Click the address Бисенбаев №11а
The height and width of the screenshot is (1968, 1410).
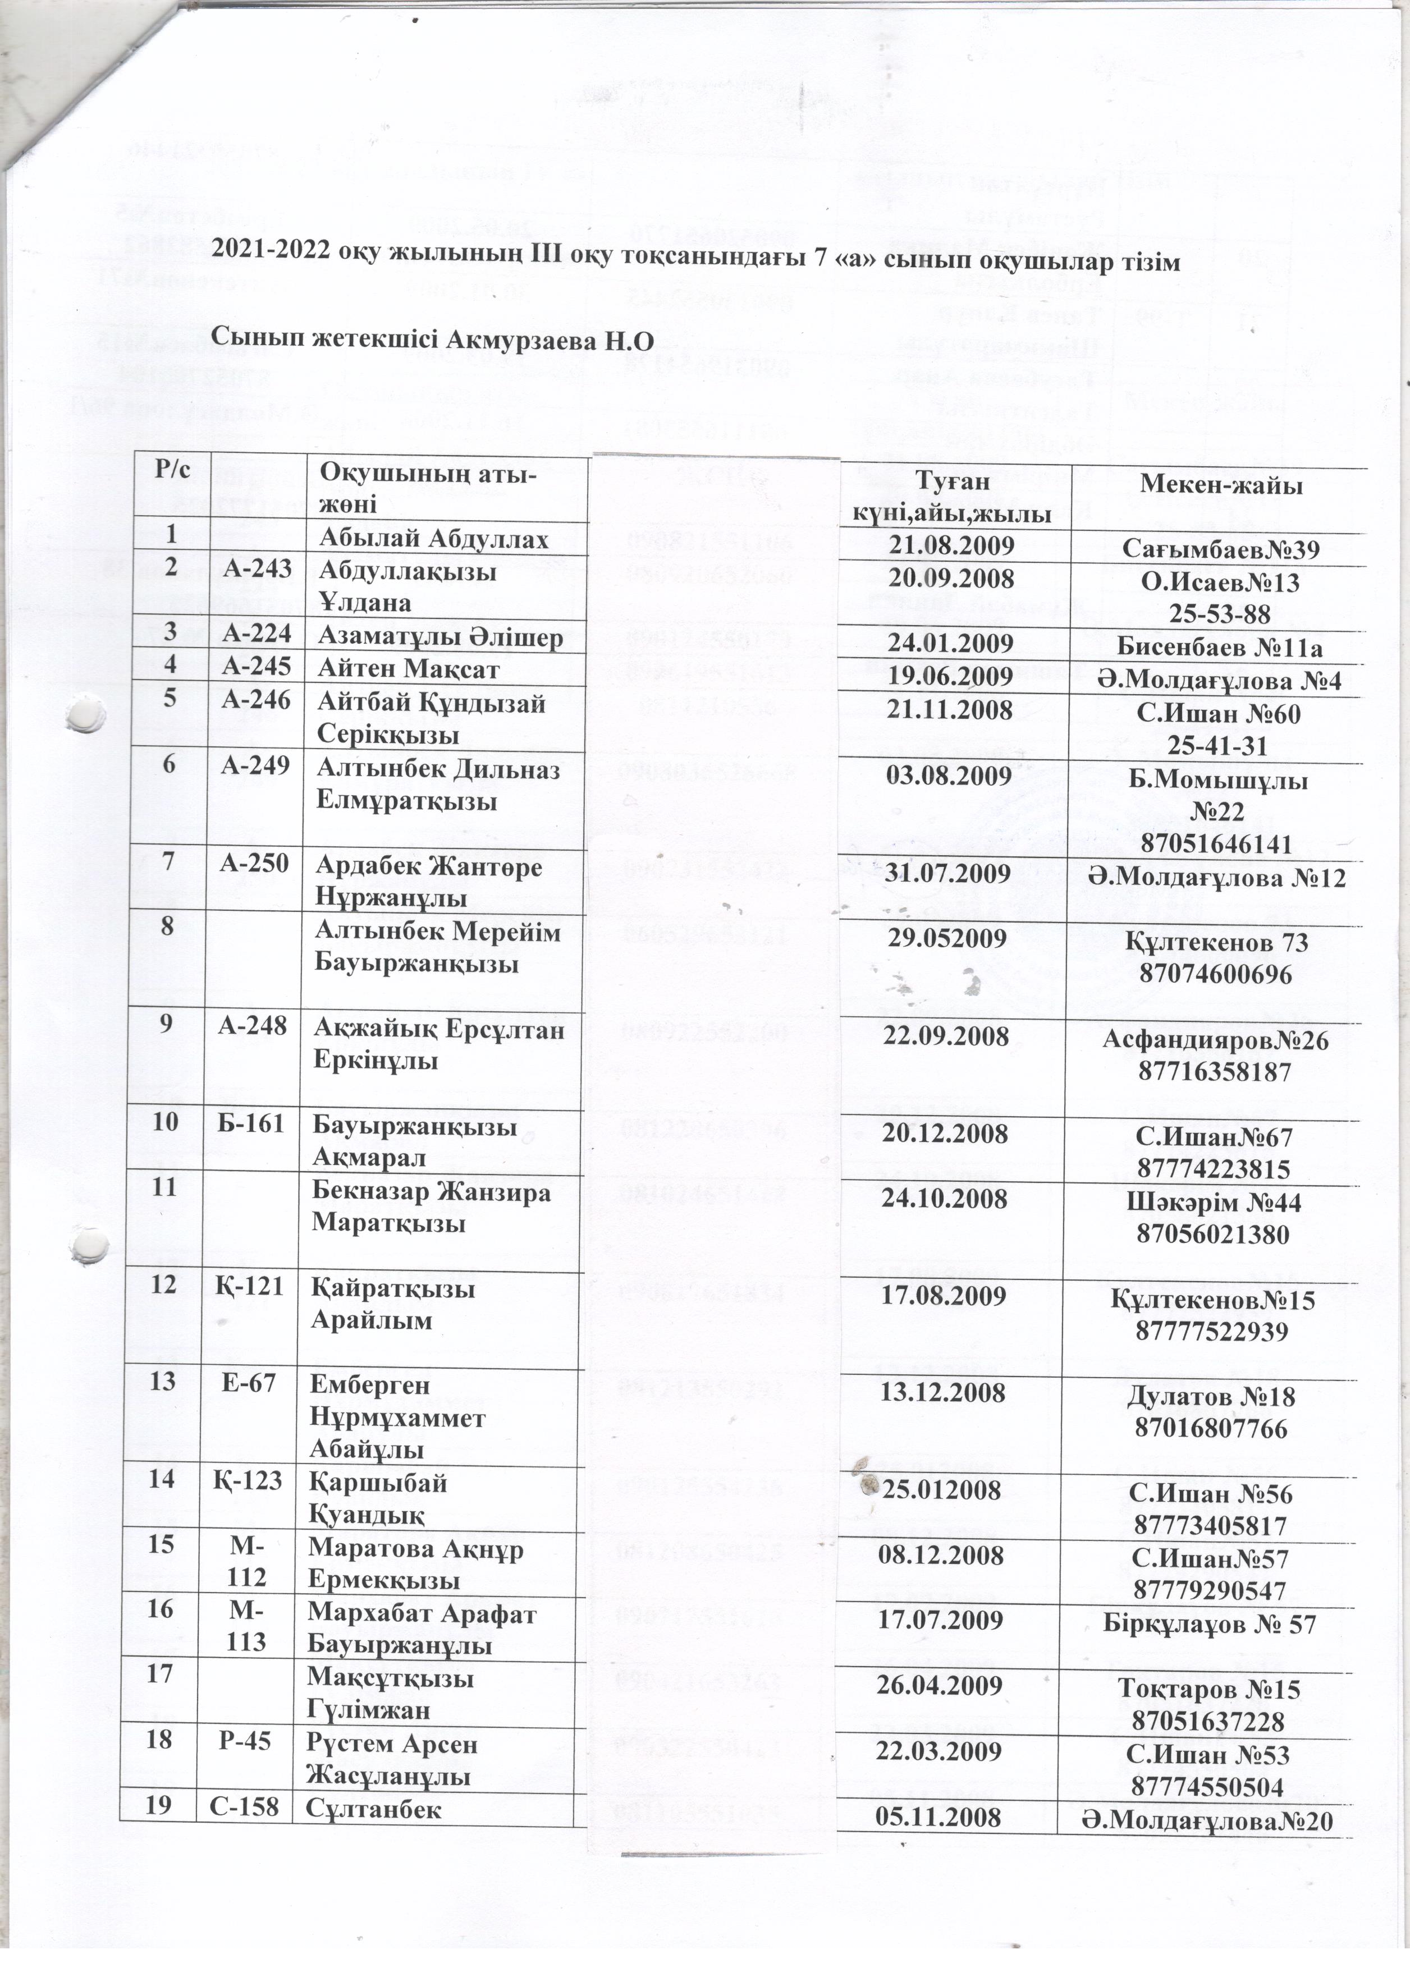pos(1220,645)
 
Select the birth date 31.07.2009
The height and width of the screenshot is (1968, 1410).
pos(950,874)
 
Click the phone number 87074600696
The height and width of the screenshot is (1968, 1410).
pos(1220,974)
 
